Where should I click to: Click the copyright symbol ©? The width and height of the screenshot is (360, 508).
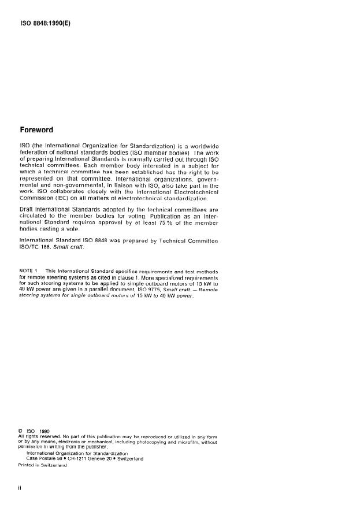tap(21, 430)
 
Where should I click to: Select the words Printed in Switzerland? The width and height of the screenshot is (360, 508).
tap(43, 465)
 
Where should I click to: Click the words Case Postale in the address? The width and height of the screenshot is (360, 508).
tap(44, 459)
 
